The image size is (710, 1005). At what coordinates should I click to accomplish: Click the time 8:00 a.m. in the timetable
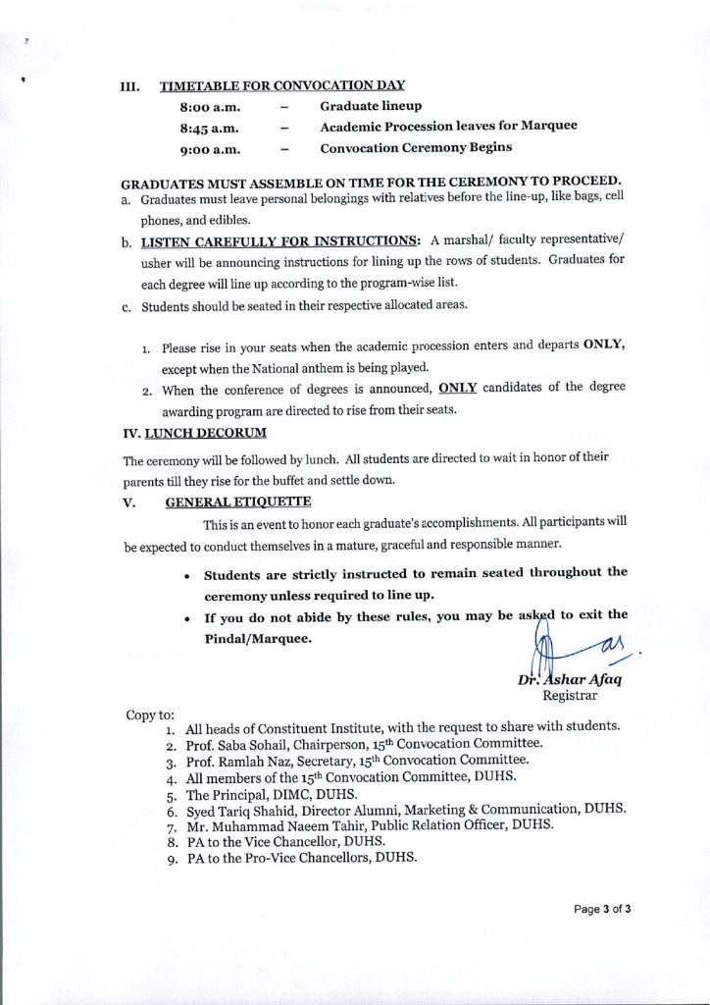point(210,107)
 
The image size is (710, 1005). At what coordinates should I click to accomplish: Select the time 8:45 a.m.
point(210,128)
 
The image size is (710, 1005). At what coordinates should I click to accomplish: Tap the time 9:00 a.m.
point(210,149)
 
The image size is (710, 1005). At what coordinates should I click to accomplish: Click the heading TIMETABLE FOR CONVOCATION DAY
point(282,85)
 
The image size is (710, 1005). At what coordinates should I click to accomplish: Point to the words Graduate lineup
point(371,106)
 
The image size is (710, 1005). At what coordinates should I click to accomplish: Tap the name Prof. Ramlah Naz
point(241,761)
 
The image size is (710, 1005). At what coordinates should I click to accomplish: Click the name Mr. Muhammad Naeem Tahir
point(274,825)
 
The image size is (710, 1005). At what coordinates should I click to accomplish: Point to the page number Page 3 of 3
point(602,909)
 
